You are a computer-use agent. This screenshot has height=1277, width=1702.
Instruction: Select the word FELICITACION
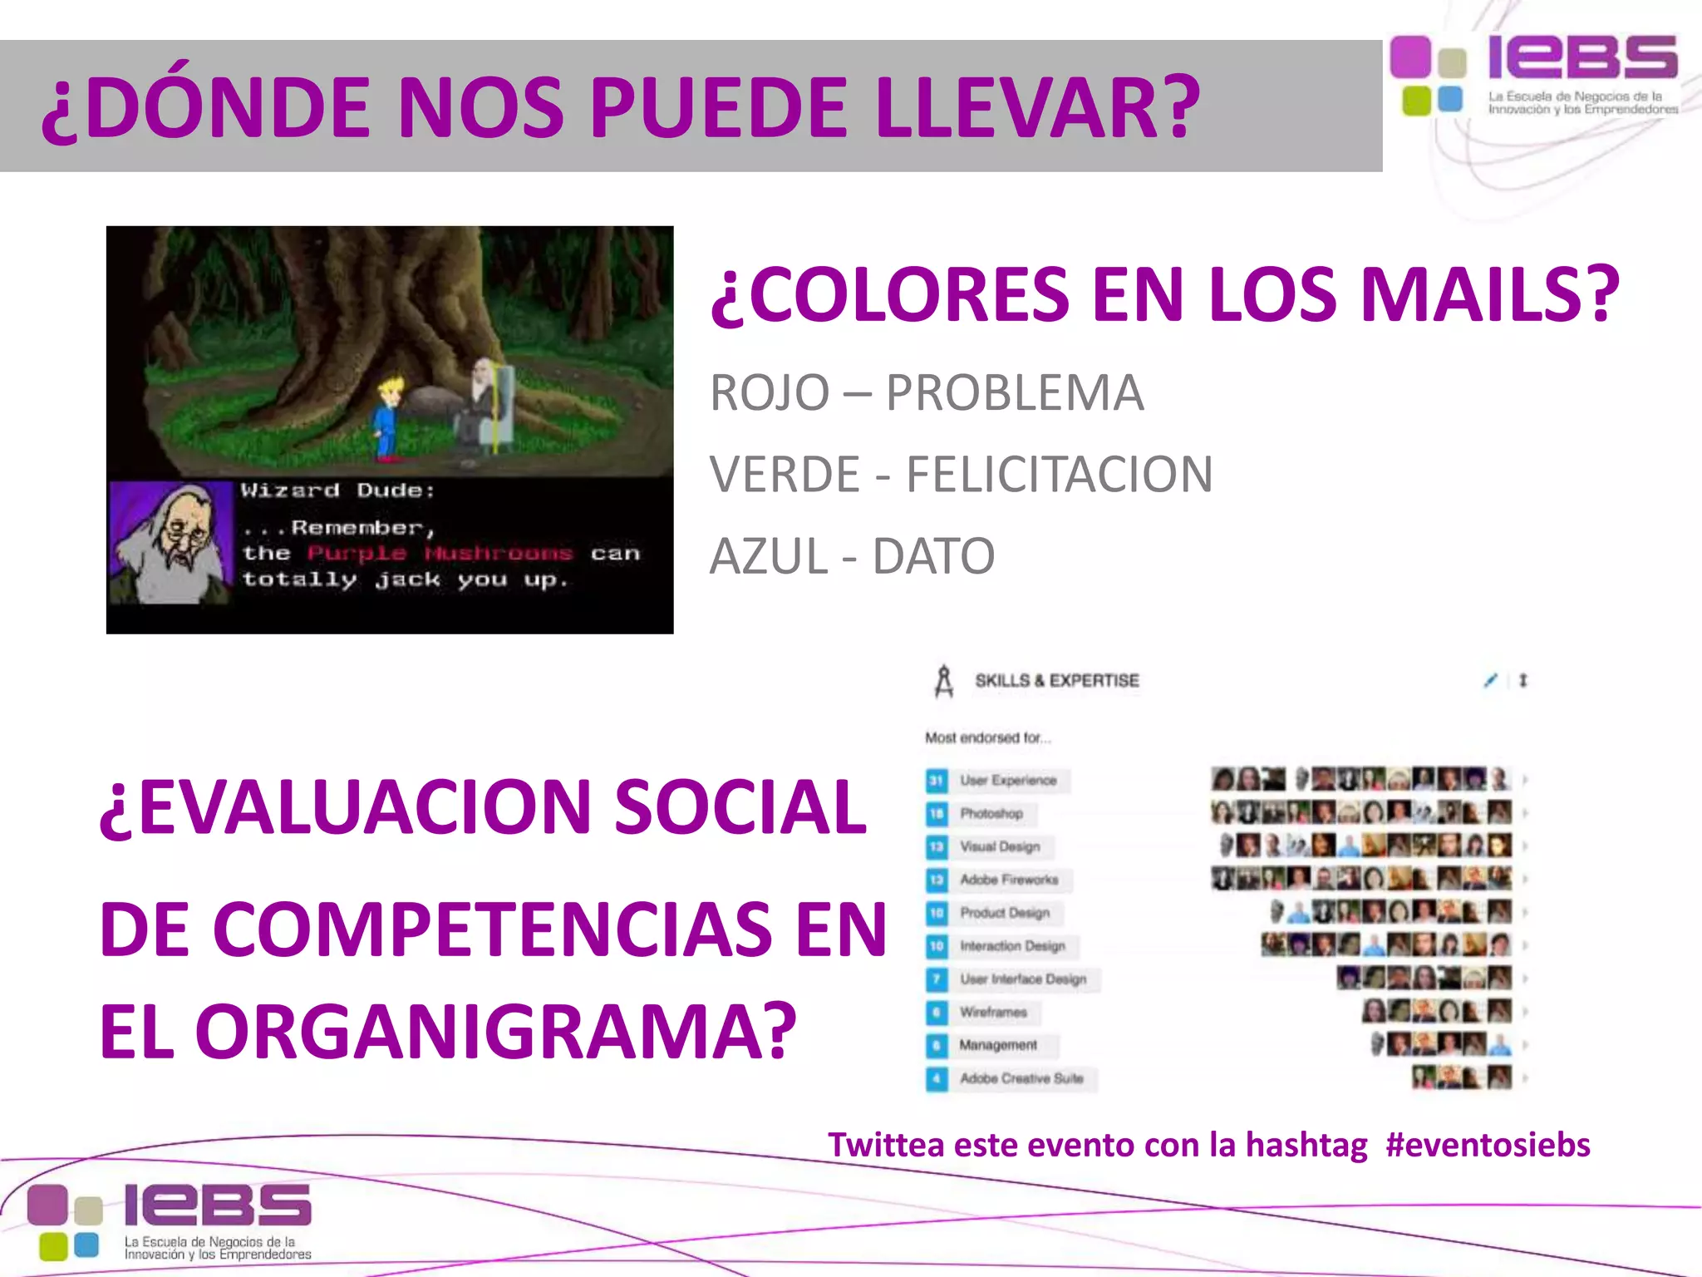coord(1059,474)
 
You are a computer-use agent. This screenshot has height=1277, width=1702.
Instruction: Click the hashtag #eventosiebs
coord(1488,1145)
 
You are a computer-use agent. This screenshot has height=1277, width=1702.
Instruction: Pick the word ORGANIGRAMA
coord(495,1031)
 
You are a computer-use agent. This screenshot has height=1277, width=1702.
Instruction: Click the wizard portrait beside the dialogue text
coord(172,542)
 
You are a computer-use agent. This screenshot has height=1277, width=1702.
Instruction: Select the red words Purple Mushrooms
coord(440,553)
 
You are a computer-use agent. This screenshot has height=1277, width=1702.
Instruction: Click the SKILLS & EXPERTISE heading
coord(1056,681)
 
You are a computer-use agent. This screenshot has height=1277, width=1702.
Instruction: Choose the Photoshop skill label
coord(991,813)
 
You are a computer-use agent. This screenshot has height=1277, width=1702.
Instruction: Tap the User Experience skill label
coord(1008,780)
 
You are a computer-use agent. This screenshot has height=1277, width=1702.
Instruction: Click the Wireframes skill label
coord(993,1012)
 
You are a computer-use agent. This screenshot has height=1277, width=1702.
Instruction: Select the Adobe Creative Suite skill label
coord(1021,1078)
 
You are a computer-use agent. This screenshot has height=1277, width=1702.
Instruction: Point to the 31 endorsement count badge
coord(937,781)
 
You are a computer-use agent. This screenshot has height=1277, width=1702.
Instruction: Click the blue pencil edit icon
coord(1490,681)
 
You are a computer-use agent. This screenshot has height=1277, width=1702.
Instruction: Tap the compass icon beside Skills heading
coord(944,681)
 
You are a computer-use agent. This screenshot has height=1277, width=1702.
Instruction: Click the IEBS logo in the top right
coord(1534,75)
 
